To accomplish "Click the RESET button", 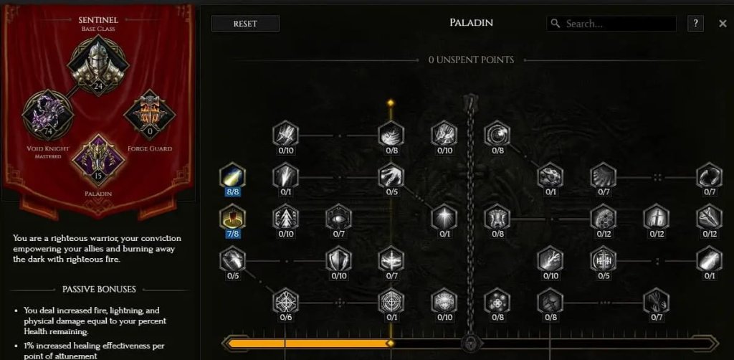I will [x=245, y=24].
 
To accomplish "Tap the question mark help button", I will [x=695, y=24].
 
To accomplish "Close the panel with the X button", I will [x=723, y=24].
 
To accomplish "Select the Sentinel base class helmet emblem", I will [x=97, y=61].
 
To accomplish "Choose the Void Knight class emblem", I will [x=48, y=114].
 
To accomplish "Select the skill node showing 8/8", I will [x=232, y=177].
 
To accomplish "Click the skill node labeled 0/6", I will [x=285, y=301].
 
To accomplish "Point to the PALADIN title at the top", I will [x=470, y=23].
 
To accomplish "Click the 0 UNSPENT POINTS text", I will [x=471, y=60].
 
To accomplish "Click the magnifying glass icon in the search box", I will [x=556, y=24].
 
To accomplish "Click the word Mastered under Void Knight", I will [x=48, y=156].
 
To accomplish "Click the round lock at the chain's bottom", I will [x=470, y=343].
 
